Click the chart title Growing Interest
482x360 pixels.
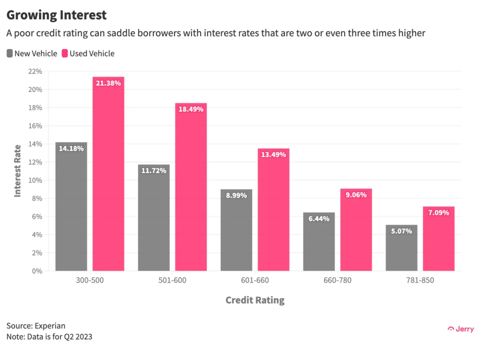56,15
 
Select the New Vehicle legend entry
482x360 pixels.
32,54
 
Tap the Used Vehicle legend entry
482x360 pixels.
88,54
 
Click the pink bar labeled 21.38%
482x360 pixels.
108,174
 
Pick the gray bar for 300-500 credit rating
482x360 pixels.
71,207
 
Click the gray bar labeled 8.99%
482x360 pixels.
236,230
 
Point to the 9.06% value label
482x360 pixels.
356,194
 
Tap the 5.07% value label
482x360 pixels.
402,231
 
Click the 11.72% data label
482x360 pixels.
153,170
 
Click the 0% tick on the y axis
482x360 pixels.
36,271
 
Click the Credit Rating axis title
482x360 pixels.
255,300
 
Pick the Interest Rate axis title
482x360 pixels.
18,171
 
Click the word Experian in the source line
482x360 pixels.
49,326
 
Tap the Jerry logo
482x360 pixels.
461,329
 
